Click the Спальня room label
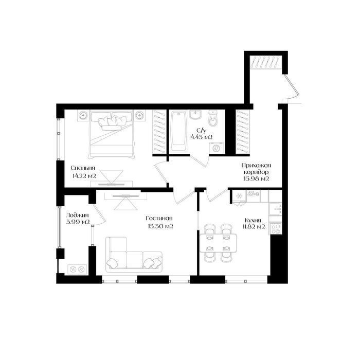83,168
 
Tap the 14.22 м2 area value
84,176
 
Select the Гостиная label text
159,218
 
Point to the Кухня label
253,221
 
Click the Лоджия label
77,215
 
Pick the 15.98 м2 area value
256,178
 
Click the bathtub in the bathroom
178,131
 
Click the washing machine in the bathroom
216,148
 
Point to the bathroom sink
195,114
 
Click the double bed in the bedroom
112,134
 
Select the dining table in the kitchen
219,243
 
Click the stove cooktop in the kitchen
275,229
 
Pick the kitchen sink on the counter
275,209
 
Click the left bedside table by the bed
83,115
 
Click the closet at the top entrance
266,62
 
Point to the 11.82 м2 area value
254,227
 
